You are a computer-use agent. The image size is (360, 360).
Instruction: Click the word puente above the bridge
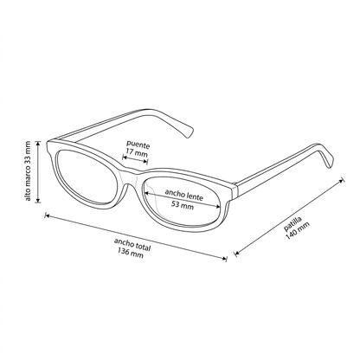[x=138, y=145]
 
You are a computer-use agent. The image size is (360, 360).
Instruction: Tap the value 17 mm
[x=137, y=152]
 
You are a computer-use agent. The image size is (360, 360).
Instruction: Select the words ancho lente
[x=184, y=195]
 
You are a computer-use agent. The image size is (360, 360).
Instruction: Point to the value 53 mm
[x=183, y=205]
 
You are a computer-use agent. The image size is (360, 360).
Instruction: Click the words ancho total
[x=132, y=244]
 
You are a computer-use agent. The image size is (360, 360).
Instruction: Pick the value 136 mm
[x=131, y=253]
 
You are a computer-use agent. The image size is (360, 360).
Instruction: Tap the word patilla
[x=292, y=224]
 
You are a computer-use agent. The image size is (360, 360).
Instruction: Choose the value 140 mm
[x=298, y=230]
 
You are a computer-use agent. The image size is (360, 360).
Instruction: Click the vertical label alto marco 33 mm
[x=28, y=170]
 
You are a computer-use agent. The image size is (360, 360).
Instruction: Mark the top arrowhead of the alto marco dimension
[x=38, y=142]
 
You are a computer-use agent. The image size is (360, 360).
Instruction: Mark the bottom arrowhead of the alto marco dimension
[x=38, y=202]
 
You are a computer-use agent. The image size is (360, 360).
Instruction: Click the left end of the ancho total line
[x=46, y=215]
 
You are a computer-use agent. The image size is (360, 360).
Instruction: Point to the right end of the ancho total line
[x=226, y=259]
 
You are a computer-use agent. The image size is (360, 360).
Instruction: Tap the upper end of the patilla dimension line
[x=343, y=180]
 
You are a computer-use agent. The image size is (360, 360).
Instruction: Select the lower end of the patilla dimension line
[x=236, y=254]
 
